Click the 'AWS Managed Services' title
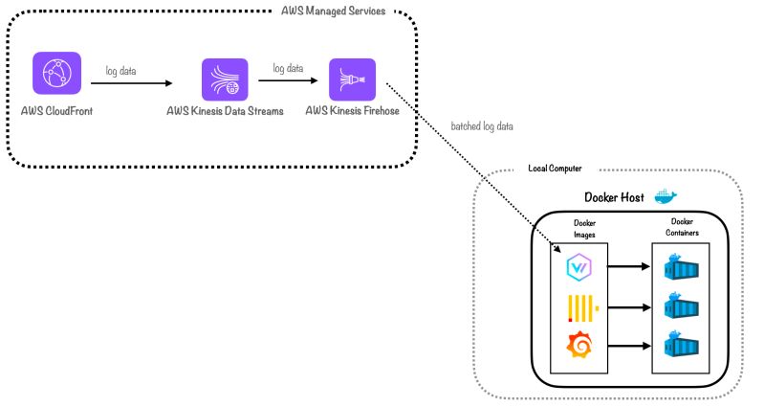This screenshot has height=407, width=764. [334, 11]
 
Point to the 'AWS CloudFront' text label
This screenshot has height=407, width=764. [56, 111]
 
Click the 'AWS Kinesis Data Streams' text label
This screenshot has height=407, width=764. [225, 112]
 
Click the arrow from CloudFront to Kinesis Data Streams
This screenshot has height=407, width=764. [133, 84]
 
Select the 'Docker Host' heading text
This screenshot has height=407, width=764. [615, 197]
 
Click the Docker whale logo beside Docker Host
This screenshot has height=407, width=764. [665, 196]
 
